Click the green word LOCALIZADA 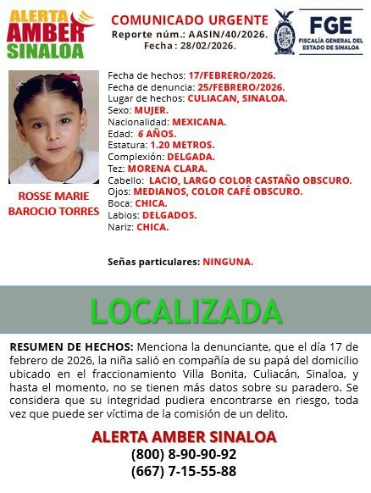[x=185, y=311]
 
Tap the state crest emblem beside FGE [x=285, y=32]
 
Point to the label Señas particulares [x=152, y=262]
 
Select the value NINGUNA [x=227, y=262]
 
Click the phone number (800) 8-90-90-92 [x=184, y=454]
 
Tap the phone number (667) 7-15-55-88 [x=184, y=471]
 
